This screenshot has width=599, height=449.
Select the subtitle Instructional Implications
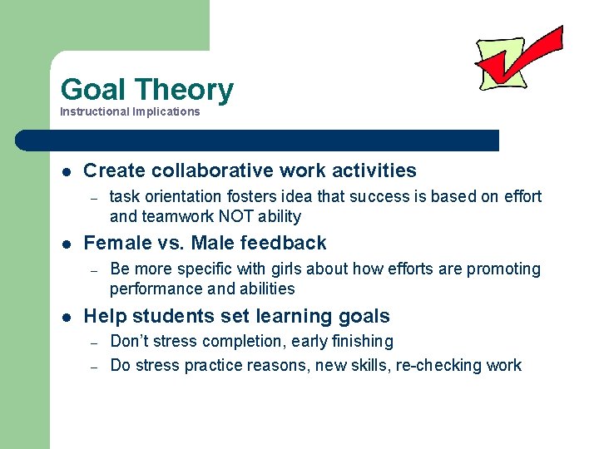pos(130,111)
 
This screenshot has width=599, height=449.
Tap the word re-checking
pos(443,365)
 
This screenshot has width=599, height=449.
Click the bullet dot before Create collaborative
pos(66,171)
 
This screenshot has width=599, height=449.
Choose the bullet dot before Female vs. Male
pos(66,244)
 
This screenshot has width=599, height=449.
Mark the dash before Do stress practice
pos(95,366)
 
